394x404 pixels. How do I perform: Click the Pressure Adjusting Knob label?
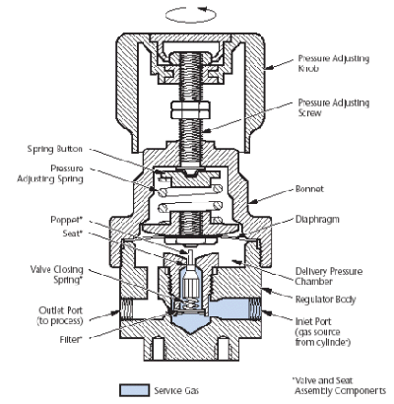tap(333, 63)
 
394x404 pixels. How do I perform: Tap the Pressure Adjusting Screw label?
tap(333, 107)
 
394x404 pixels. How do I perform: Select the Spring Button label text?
tap(54, 149)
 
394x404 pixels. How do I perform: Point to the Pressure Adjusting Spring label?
tap(50, 173)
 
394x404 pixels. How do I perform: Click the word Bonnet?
tap(309, 189)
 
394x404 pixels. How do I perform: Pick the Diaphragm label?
tap(317, 220)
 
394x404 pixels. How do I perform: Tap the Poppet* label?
tap(66, 220)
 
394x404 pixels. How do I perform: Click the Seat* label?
tap(71, 234)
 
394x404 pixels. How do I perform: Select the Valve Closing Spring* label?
tap(56, 275)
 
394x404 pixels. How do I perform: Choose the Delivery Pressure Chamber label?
tap(329, 276)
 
